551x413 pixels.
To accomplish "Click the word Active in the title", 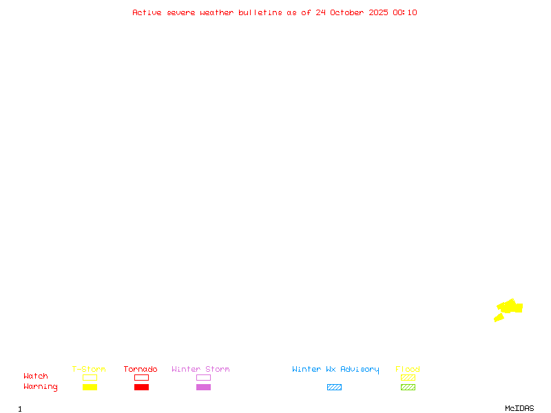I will pyautogui.click(x=147, y=12).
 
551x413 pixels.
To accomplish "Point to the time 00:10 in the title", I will pyautogui.click(x=406, y=12).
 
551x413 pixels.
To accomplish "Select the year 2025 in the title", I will pyautogui.click(x=379, y=12).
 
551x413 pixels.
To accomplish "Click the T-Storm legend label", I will pyautogui.click(x=89, y=370).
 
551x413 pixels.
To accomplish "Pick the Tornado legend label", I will pyautogui.click(x=141, y=370).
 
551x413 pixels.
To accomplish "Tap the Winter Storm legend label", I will pyautogui.click(x=200, y=370).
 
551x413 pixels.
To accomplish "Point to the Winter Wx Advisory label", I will pyautogui.click(x=335, y=370).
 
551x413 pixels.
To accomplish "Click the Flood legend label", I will pyautogui.click(x=408, y=370).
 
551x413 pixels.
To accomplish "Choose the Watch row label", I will pyautogui.click(x=36, y=377).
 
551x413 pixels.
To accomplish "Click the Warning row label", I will pyautogui.click(x=41, y=387).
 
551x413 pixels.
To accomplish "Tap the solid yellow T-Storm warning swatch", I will pyautogui.click(x=90, y=388).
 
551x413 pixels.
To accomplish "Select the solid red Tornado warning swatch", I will pyautogui.click(x=141, y=388).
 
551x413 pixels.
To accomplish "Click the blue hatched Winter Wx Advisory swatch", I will pyautogui.click(x=334, y=388).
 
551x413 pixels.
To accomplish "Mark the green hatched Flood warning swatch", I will pyautogui.click(x=408, y=388).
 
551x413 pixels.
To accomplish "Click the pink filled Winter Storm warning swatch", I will pyautogui.click(x=203, y=388).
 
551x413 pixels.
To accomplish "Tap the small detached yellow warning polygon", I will pyautogui.click(x=499, y=317).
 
